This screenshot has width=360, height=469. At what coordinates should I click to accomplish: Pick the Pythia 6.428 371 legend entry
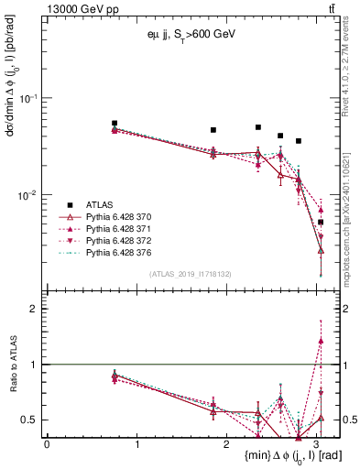(x=120, y=229)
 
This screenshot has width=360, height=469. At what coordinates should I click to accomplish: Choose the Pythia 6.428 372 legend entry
(x=120, y=240)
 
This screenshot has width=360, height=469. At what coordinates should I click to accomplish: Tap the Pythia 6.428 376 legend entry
(x=120, y=251)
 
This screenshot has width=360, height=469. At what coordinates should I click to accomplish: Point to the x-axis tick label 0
(x=47, y=444)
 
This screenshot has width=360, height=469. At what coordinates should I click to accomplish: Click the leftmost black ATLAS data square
(x=115, y=123)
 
